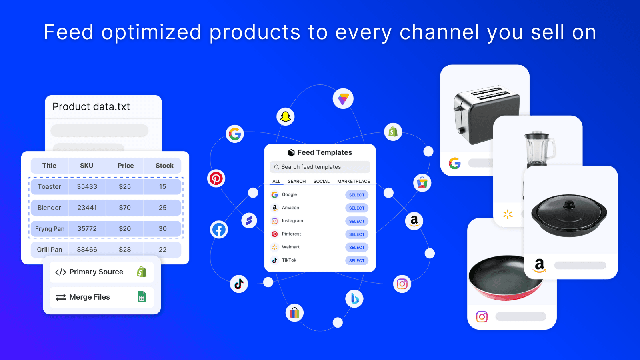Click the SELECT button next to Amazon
point(356,208)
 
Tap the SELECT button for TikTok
point(356,260)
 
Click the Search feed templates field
point(320,167)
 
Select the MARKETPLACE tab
point(353,181)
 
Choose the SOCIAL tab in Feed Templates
point(321,181)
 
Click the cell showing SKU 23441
point(87,208)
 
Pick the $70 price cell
point(125,208)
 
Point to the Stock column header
point(164,166)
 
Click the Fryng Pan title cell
point(50,229)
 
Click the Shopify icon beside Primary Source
point(142,272)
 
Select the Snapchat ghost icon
point(285,117)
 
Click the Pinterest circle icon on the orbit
point(216,178)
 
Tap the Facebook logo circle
point(219,230)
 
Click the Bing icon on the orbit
point(354,299)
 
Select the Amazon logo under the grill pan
point(539,265)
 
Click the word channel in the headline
point(439,32)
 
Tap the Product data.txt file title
point(91,107)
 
